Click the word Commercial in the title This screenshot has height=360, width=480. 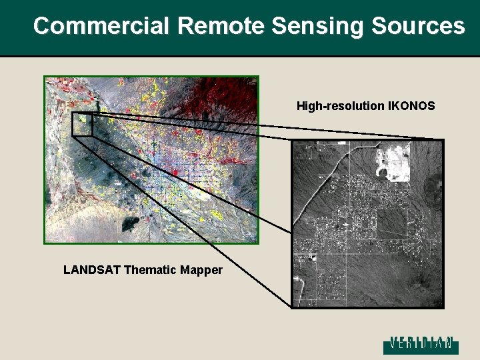(x=103, y=26)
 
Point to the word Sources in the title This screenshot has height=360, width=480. (x=418, y=26)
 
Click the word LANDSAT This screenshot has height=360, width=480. (x=89, y=270)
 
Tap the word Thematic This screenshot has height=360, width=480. (x=153, y=270)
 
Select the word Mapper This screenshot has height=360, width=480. (x=203, y=270)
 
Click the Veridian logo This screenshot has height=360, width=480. (x=420, y=343)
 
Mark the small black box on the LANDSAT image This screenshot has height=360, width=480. (x=82, y=124)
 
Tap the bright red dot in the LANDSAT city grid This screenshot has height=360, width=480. (x=175, y=173)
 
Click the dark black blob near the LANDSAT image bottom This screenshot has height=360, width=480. (x=134, y=223)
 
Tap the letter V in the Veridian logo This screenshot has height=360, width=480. (x=394, y=343)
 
